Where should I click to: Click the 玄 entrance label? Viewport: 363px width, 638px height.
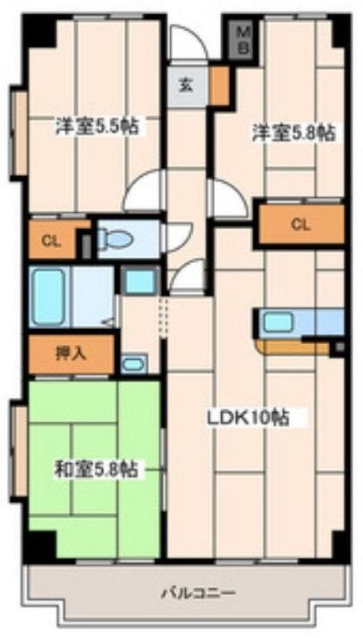[x=186, y=85]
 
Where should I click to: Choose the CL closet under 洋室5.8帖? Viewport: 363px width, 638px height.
[x=300, y=225]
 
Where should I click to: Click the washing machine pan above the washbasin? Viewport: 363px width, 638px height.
[x=139, y=282]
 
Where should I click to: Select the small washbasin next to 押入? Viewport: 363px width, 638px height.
[x=134, y=363]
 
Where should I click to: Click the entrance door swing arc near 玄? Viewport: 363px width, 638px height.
[x=188, y=42]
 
